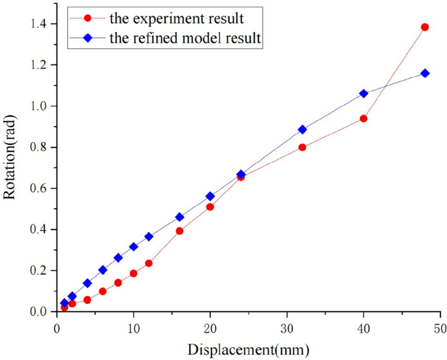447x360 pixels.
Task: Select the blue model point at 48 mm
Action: (425, 73)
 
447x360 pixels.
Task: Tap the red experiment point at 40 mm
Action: (363, 119)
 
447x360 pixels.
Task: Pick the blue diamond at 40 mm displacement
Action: (363, 93)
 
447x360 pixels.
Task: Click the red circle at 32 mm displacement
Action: (302, 147)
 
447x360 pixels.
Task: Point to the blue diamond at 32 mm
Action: (302, 130)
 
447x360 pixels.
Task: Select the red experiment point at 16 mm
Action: (179, 231)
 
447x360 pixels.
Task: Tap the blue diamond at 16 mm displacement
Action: (179, 217)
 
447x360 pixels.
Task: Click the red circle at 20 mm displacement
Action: (210, 207)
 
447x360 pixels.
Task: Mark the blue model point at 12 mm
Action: (149, 237)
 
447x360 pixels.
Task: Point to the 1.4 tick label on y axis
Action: (39, 24)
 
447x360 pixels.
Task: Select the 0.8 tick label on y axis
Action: (39, 147)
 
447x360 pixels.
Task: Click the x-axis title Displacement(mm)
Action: (249, 349)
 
